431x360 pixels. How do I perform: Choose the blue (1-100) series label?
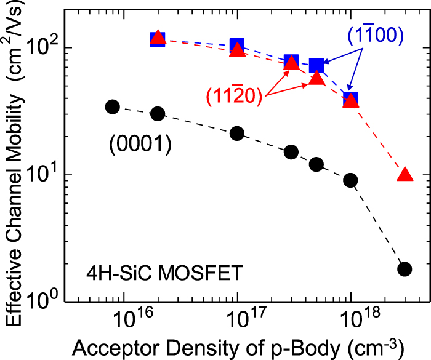tap(376, 36)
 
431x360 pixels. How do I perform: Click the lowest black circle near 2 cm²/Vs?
tap(405, 269)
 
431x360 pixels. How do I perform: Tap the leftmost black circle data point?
tap(112, 106)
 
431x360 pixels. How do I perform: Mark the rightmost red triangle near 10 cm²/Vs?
tap(405, 175)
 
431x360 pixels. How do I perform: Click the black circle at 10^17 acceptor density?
tap(237, 134)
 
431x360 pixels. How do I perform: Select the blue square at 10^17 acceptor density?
tap(237, 45)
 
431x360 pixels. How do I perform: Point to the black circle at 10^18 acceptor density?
tap(350, 180)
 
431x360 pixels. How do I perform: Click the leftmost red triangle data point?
tap(158, 39)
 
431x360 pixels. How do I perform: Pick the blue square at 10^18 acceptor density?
tap(350, 98)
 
